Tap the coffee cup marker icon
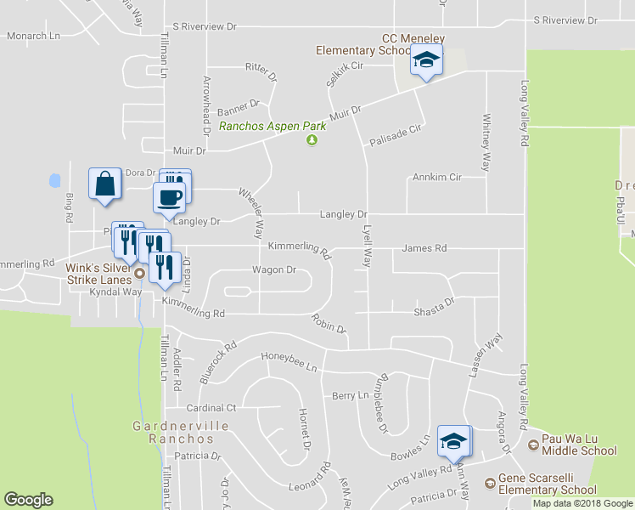point(168,197)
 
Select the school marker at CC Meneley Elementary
point(426,61)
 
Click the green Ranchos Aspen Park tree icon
point(312,140)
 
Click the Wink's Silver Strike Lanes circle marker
point(139,274)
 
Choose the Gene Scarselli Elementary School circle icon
point(490,484)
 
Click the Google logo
point(28,500)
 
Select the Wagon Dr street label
point(273,270)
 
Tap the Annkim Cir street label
point(436,178)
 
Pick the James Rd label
point(424,248)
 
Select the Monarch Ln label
point(34,37)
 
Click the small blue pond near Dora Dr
point(55,180)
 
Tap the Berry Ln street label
point(351,396)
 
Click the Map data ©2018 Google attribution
point(582,503)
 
